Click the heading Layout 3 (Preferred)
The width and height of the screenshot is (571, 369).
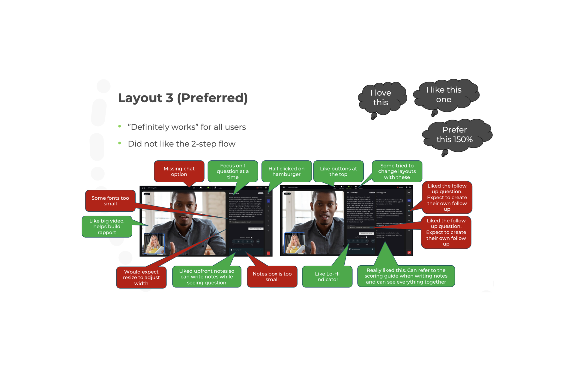(x=183, y=98)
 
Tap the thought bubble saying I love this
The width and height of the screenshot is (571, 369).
(x=381, y=98)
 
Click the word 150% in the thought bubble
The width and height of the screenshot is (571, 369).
(x=463, y=139)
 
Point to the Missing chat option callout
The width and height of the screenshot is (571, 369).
(x=179, y=171)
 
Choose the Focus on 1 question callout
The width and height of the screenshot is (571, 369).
(x=233, y=171)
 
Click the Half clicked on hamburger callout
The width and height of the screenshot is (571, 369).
(x=286, y=171)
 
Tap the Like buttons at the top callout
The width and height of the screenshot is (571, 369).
(x=338, y=171)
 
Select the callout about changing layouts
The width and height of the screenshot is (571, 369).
(x=397, y=171)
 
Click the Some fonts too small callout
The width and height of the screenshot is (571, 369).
(x=110, y=201)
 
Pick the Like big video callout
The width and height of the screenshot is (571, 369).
(x=107, y=227)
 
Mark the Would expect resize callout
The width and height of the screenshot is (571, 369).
(x=141, y=278)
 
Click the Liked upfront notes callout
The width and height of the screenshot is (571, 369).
(x=207, y=277)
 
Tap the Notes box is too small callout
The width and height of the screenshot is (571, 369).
(x=272, y=277)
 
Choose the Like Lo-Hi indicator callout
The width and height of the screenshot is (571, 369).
(x=327, y=277)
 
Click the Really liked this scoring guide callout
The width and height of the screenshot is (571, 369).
(x=406, y=276)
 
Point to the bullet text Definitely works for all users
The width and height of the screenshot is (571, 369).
(x=187, y=127)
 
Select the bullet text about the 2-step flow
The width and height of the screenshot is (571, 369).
(x=181, y=144)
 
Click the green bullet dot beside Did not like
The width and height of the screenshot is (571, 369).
(x=120, y=143)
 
